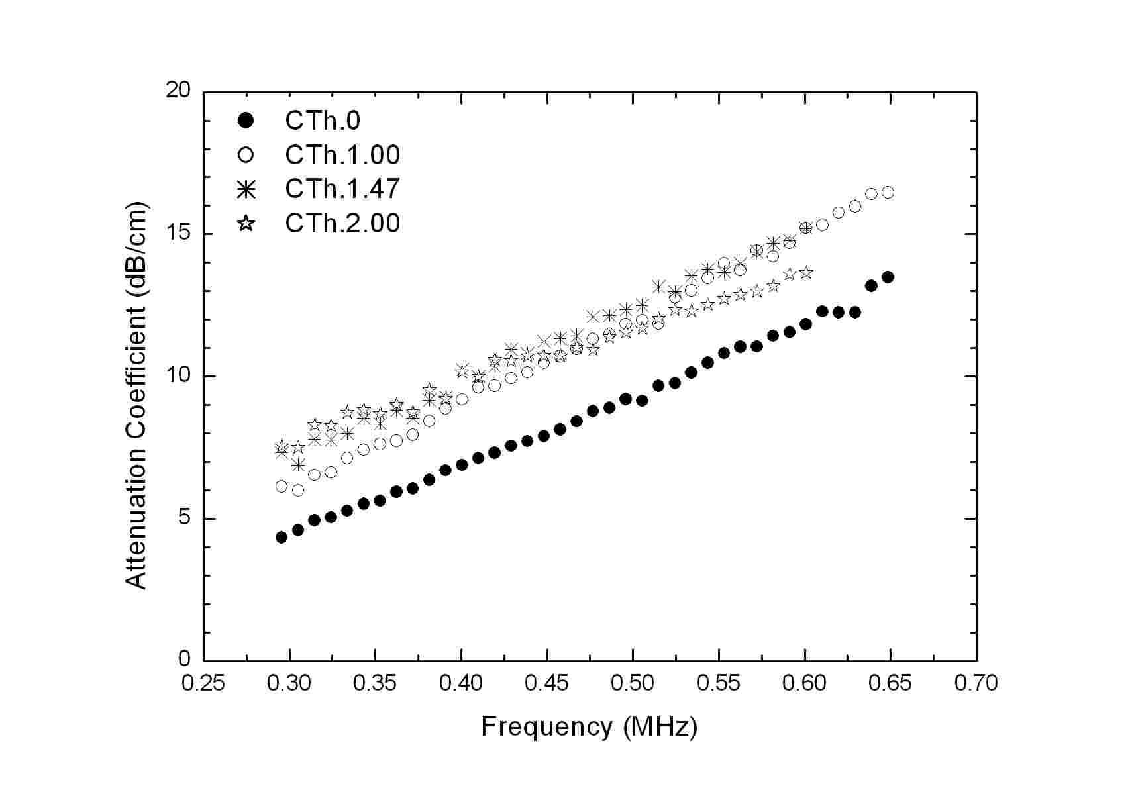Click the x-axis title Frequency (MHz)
pyautogui.click(x=589, y=727)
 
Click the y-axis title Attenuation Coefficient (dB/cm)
pyautogui.click(x=136, y=395)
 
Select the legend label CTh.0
pyautogui.click(x=323, y=121)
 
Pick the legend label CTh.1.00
pyautogui.click(x=342, y=155)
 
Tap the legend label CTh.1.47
pyautogui.click(x=342, y=189)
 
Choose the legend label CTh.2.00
pyautogui.click(x=342, y=223)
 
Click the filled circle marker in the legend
pyautogui.click(x=246, y=121)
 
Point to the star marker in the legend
pyautogui.click(x=246, y=223)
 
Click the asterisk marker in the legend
pyautogui.click(x=246, y=189)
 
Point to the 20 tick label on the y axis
pyautogui.click(x=178, y=91)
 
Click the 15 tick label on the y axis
pyautogui.click(x=178, y=234)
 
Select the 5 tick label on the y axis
pyautogui.click(x=183, y=518)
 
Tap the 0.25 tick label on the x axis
pyautogui.click(x=203, y=683)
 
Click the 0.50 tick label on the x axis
pyautogui.click(x=633, y=683)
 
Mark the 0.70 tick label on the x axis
pyautogui.click(x=976, y=683)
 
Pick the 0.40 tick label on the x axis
pyautogui.click(x=461, y=683)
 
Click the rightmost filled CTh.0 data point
pyautogui.click(x=888, y=277)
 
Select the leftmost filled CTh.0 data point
pyautogui.click(x=282, y=537)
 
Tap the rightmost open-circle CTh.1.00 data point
pyautogui.click(x=888, y=192)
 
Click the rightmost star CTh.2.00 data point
pyautogui.click(x=805, y=272)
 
